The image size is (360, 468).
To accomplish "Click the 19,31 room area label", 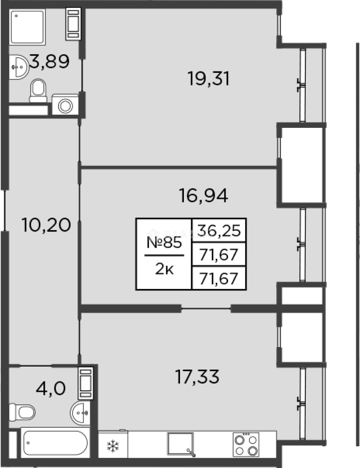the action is coord(209,79).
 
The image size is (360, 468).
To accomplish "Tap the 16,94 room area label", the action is coord(203,196).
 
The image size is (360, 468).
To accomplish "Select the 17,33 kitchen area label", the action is coord(197,377).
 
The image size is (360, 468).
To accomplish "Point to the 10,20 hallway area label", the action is coord(46,225).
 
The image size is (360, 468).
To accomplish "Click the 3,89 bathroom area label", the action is coord(49,62).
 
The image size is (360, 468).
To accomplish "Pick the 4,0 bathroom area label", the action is coord(51,389).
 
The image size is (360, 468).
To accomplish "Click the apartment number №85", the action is coord(164,242).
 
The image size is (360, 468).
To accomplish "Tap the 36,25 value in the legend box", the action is coord(219,231).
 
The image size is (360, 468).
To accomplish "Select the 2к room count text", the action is coord(164,270).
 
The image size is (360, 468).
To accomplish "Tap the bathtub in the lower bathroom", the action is coord(56,443).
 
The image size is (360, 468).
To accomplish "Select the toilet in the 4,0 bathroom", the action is coord(22,413).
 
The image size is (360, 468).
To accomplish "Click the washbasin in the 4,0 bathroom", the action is coord(80,413).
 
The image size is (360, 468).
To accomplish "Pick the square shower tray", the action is coord(27,27).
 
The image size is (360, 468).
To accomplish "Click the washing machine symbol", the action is coord(65,105).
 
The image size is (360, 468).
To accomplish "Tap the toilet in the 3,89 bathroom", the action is coord(38,91).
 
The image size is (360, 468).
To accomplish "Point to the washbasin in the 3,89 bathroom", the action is coord(19,67).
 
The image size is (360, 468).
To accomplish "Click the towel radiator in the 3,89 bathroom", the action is coord(73,24).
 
